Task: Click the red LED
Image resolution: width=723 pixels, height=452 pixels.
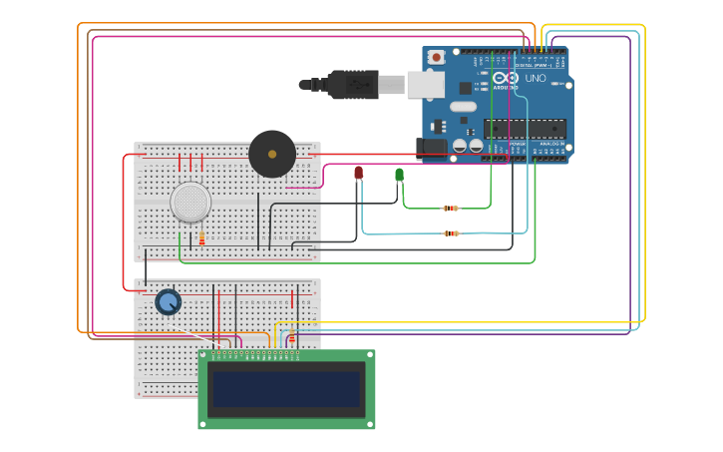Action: point(359,173)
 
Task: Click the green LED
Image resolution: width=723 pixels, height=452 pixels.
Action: point(399,175)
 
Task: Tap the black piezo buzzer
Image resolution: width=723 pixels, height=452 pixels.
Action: point(272,155)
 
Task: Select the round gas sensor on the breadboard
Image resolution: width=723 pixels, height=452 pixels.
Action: point(190,202)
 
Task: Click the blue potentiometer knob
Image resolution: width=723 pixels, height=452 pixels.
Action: point(168,301)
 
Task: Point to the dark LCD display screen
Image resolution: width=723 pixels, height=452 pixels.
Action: point(286,389)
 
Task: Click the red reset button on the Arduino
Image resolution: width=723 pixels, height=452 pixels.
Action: point(437,58)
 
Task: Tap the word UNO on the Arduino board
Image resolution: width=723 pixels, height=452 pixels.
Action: point(536,78)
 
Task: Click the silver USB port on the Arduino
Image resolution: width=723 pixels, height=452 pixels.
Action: point(425,85)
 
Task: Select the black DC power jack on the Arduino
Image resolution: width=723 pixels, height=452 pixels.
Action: point(432,146)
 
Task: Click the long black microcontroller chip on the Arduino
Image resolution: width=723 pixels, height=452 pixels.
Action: point(525,128)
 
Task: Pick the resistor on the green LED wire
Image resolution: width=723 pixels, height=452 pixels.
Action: point(451,208)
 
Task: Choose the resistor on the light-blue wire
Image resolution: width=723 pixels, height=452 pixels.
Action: point(451,233)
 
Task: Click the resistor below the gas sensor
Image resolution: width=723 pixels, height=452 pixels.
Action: point(201,239)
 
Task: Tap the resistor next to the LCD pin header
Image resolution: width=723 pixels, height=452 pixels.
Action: point(292,339)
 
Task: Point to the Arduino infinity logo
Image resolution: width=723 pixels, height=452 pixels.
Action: point(505,78)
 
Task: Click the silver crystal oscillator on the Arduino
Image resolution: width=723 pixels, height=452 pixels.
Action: point(464,106)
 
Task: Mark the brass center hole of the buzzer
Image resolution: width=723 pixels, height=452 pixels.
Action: point(271,155)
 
